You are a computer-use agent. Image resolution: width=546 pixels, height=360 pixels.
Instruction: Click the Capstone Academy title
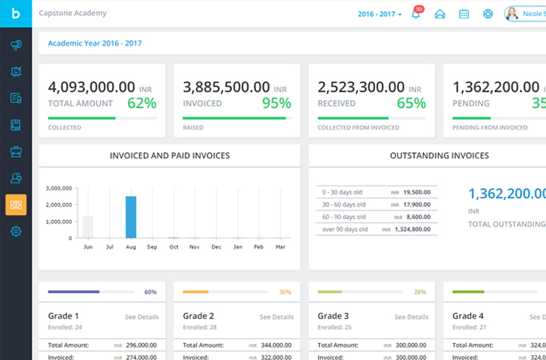coord(73,14)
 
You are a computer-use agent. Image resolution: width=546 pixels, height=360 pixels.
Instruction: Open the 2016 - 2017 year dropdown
coord(380,14)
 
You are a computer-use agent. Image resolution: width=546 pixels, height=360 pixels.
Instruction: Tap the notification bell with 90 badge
coord(416,14)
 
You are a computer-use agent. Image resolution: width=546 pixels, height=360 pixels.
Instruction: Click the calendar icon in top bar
coord(464,14)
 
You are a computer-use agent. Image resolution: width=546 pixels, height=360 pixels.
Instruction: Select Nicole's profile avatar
coord(512,14)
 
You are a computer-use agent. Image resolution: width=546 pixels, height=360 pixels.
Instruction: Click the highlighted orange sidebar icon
coord(16,205)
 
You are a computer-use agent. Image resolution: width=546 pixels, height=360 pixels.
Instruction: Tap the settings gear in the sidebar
coord(16,232)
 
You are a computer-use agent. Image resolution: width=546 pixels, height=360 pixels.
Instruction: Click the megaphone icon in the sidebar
coord(16,46)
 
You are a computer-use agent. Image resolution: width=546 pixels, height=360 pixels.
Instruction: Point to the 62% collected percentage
coord(141,102)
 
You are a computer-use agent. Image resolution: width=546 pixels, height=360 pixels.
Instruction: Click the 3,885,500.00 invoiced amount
coord(226,87)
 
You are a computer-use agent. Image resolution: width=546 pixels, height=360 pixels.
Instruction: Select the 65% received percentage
coord(411,102)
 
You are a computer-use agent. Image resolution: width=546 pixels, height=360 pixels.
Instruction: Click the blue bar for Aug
coord(131,217)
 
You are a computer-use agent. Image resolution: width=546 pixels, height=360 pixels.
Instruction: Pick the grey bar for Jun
coord(89,226)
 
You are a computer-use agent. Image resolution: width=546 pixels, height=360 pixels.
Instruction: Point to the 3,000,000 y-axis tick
coord(59,189)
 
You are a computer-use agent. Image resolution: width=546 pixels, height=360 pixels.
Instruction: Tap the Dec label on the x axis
coord(216,248)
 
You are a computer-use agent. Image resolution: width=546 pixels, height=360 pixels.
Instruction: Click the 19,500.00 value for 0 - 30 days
coord(416,192)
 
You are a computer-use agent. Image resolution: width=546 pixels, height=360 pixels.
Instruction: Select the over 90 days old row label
coord(345,229)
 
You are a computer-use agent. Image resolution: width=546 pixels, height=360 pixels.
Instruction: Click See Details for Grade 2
coord(277,317)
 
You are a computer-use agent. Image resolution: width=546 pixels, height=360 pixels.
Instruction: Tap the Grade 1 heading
coord(64,316)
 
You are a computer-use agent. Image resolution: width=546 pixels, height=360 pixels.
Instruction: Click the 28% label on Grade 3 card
coord(420,292)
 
